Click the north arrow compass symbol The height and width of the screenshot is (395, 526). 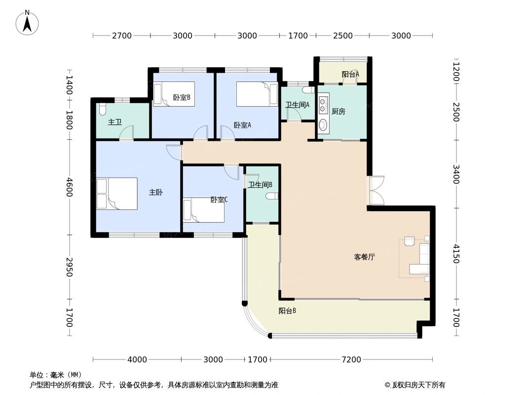[x=28, y=22]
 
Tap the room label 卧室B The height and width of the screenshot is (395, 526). [x=182, y=98]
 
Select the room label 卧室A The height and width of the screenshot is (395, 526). [x=242, y=125]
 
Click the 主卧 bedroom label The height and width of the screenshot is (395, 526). [x=156, y=193]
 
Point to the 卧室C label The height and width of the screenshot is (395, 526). [x=219, y=200]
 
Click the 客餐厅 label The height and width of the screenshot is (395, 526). [x=364, y=257]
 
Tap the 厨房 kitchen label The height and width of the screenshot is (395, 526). [x=338, y=112]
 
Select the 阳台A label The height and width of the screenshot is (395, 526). [x=350, y=75]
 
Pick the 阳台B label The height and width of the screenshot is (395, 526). [x=287, y=311]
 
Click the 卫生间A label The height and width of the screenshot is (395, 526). [x=297, y=105]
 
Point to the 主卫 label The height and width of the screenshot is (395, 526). [x=114, y=122]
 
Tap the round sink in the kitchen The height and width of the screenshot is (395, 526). [x=323, y=124]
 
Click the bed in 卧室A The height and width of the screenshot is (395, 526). [x=257, y=94]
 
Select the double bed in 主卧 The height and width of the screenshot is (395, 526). [x=117, y=194]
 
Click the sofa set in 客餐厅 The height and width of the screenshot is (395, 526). [x=419, y=258]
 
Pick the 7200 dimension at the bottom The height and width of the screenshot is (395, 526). [x=351, y=359]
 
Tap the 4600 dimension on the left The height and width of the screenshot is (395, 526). [x=69, y=188]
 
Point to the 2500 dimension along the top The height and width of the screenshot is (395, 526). [x=343, y=36]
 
